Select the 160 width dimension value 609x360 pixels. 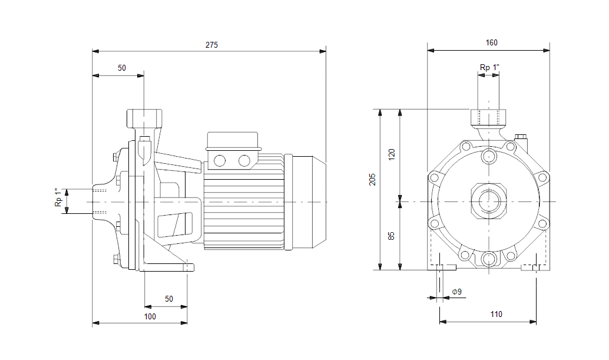[x=491, y=43]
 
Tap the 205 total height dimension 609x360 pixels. [x=372, y=179]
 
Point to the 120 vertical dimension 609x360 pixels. [x=392, y=154]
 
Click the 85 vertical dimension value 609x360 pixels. [x=392, y=235]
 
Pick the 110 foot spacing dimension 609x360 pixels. [x=496, y=315]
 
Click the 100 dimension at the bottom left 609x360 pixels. [x=150, y=316]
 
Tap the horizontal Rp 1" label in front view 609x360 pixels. [x=489, y=68]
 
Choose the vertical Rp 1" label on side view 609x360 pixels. [x=58, y=198]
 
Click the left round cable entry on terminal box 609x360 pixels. [x=220, y=160]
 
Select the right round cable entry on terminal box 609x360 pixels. [x=243, y=160]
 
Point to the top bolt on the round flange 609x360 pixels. [x=488, y=157]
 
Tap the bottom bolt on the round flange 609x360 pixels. [x=488, y=259]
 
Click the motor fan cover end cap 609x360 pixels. [x=309, y=202]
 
